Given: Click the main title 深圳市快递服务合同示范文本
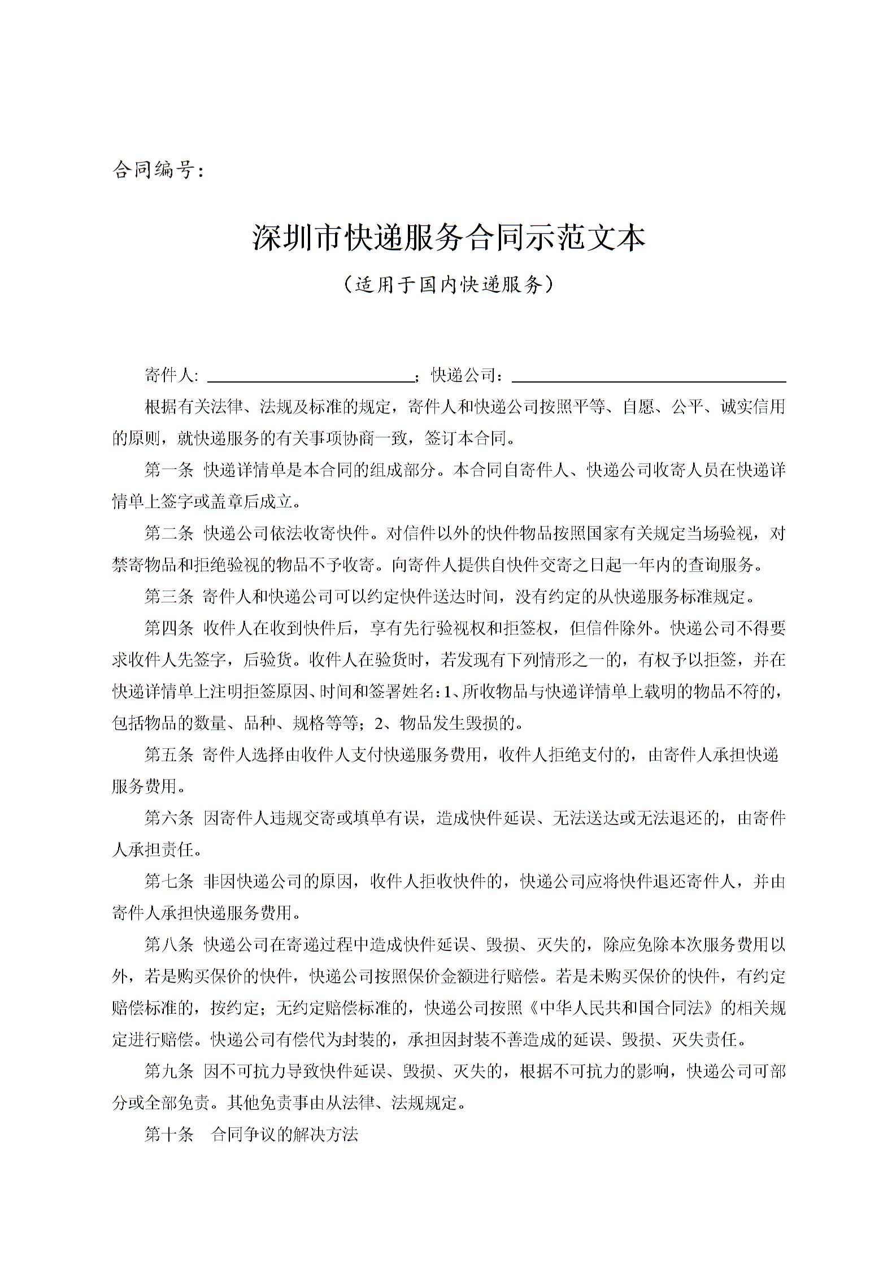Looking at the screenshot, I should click(448, 238).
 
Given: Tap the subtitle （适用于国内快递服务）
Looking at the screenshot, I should click(448, 284).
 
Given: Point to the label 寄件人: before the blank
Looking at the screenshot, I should click(171, 375).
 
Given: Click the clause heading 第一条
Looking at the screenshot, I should click(169, 470).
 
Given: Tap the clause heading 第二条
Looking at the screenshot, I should click(169, 533).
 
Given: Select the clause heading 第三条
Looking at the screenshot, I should click(169, 596).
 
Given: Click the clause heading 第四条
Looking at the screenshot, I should click(169, 628).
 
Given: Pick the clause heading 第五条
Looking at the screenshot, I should click(169, 755).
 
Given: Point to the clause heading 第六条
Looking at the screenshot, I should click(169, 818).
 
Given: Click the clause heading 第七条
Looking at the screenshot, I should click(169, 881).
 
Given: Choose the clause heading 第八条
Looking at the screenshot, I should click(169, 944).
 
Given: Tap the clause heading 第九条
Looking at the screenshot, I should click(169, 1071).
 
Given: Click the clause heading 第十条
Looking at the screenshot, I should click(169, 1134).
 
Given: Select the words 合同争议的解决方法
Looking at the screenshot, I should click(284, 1134).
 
